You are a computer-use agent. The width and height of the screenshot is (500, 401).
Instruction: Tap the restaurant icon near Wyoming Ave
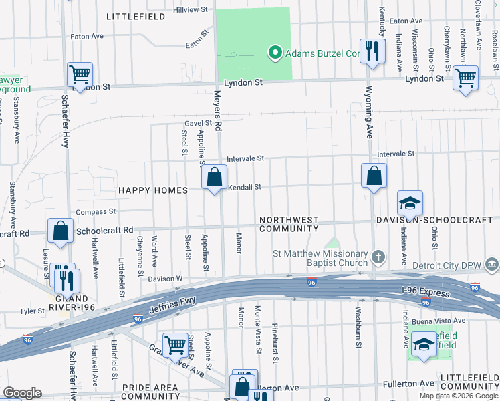372,51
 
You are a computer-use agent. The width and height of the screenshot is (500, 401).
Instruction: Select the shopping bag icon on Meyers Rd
215,178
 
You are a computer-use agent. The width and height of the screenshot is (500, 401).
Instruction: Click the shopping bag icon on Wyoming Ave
374,176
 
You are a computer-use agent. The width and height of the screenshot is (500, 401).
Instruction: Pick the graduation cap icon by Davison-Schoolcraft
410,203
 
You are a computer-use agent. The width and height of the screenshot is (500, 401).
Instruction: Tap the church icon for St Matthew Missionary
378,257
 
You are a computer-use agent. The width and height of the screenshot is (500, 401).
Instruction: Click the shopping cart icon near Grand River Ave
175,345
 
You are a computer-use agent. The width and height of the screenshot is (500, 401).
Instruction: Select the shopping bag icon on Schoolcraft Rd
61,231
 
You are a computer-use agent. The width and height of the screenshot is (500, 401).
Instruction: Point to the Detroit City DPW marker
491,265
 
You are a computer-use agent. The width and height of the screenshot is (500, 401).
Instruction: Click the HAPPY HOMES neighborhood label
153,190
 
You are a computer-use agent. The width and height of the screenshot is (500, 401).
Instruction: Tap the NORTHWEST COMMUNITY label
289,224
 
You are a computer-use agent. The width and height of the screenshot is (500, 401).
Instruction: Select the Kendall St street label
245,188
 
